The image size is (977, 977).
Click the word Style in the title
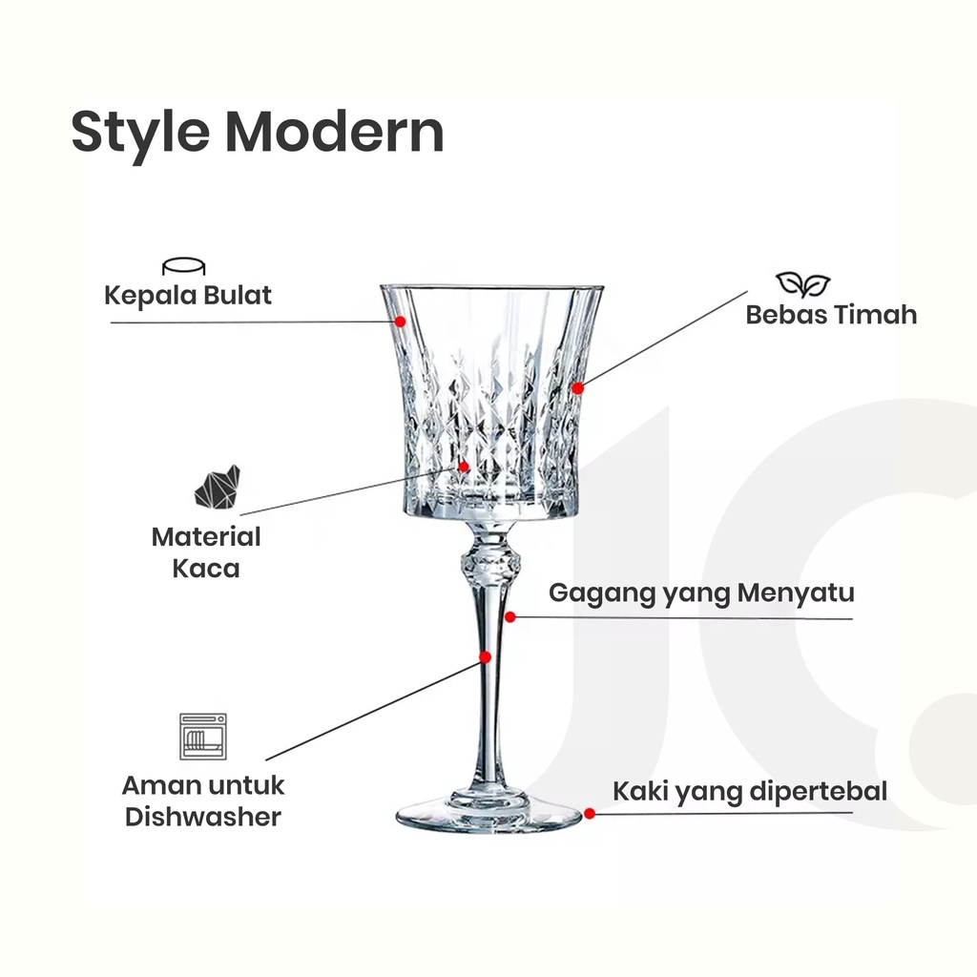(x=137, y=133)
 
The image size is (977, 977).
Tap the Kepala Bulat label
(x=188, y=295)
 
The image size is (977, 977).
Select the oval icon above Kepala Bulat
(x=184, y=266)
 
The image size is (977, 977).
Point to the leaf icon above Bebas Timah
(x=802, y=283)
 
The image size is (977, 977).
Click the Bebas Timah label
(x=831, y=315)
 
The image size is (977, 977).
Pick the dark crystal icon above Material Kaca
(x=218, y=487)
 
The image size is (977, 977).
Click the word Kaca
(x=206, y=569)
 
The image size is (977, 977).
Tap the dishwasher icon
(x=203, y=736)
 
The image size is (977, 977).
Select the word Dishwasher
(x=203, y=817)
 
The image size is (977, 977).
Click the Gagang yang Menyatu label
(x=701, y=593)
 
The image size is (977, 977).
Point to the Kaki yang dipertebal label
(x=750, y=791)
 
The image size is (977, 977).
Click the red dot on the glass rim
(x=401, y=322)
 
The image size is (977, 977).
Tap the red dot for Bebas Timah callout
(x=577, y=388)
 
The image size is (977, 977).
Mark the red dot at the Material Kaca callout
(x=464, y=467)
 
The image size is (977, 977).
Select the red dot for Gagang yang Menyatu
(x=511, y=617)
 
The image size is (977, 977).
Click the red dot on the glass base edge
(x=590, y=813)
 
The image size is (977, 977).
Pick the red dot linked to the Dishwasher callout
(x=486, y=656)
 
